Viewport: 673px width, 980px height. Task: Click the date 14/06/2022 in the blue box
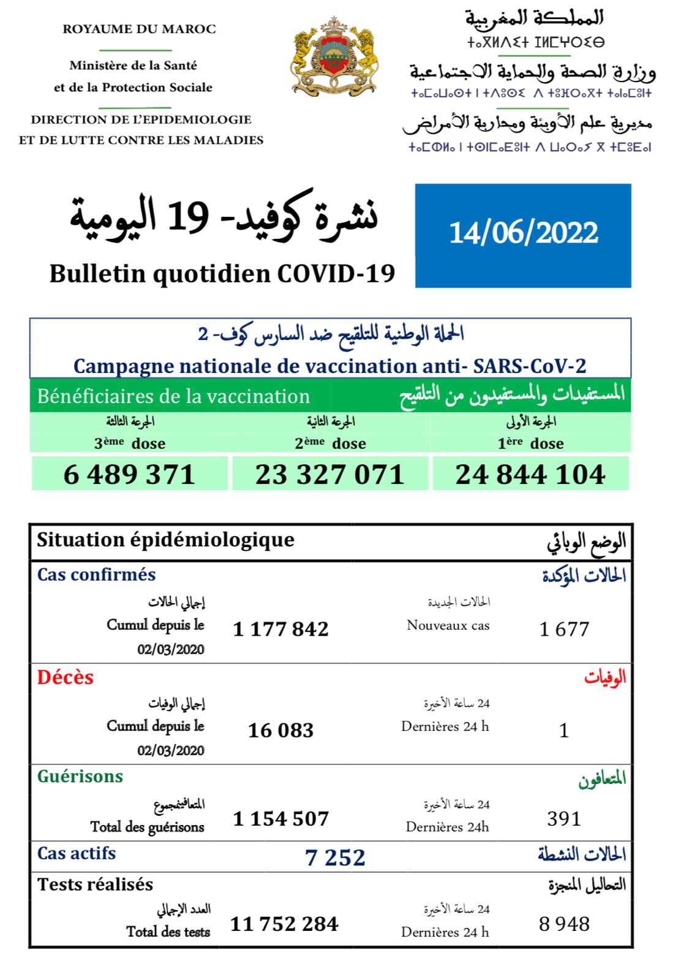pyautogui.click(x=524, y=233)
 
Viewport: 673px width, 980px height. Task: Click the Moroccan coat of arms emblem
pyautogui.click(x=334, y=56)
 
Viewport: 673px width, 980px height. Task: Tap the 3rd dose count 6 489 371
pyautogui.click(x=129, y=475)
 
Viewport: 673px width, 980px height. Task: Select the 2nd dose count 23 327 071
pyautogui.click(x=330, y=475)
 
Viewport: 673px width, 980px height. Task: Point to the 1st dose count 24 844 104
pyautogui.click(x=530, y=475)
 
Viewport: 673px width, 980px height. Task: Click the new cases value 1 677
pyautogui.click(x=564, y=629)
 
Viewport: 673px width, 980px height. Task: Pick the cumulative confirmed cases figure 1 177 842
pyautogui.click(x=281, y=629)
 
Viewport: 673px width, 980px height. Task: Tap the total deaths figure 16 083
pyautogui.click(x=281, y=730)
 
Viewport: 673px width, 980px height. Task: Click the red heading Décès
pyautogui.click(x=66, y=677)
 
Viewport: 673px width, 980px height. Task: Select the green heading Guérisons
pyautogui.click(x=80, y=777)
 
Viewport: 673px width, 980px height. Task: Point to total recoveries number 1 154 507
pyautogui.click(x=281, y=819)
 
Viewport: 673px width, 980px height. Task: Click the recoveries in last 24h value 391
pyautogui.click(x=564, y=819)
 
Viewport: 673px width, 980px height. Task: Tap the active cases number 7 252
pyautogui.click(x=335, y=858)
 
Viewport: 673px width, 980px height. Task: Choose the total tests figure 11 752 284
pyautogui.click(x=284, y=924)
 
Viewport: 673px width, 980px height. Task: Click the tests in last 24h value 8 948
pyautogui.click(x=564, y=924)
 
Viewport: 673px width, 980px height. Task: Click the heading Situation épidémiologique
pyautogui.click(x=165, y=540)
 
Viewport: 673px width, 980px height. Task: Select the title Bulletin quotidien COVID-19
pyautogui.click(x=222, y=274)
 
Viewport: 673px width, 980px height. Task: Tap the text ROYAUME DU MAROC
pyautogui.click(x=139, y=29)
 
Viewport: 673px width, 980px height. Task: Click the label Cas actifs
pyautogui.click(x=77, y=853)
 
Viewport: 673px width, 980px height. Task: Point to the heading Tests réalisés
pyautogui.click(x=96, y=884)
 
